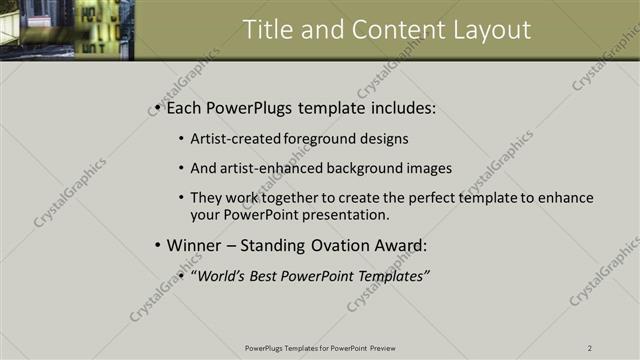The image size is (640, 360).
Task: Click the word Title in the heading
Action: tap(270, 30)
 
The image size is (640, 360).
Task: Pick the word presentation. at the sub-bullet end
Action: tap(345, 214)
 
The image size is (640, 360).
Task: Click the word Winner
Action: tap(194, 245)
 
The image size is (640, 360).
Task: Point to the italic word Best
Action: tap(269, 275)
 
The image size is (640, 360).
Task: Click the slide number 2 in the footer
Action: tap(590, 348)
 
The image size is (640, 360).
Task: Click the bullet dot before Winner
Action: tap(157, 246)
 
